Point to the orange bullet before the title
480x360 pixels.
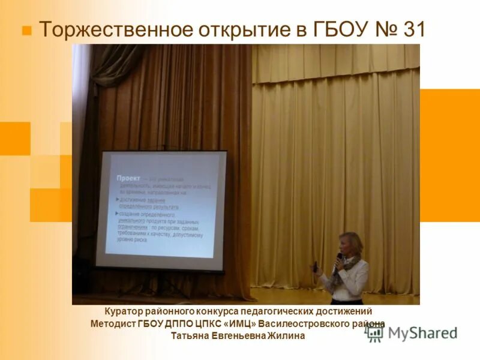26,30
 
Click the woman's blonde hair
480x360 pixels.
352,243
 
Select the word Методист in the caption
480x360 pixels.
113,324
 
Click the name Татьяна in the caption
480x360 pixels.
190,336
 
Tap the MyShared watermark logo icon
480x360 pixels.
374,333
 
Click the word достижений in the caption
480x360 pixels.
345,312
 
